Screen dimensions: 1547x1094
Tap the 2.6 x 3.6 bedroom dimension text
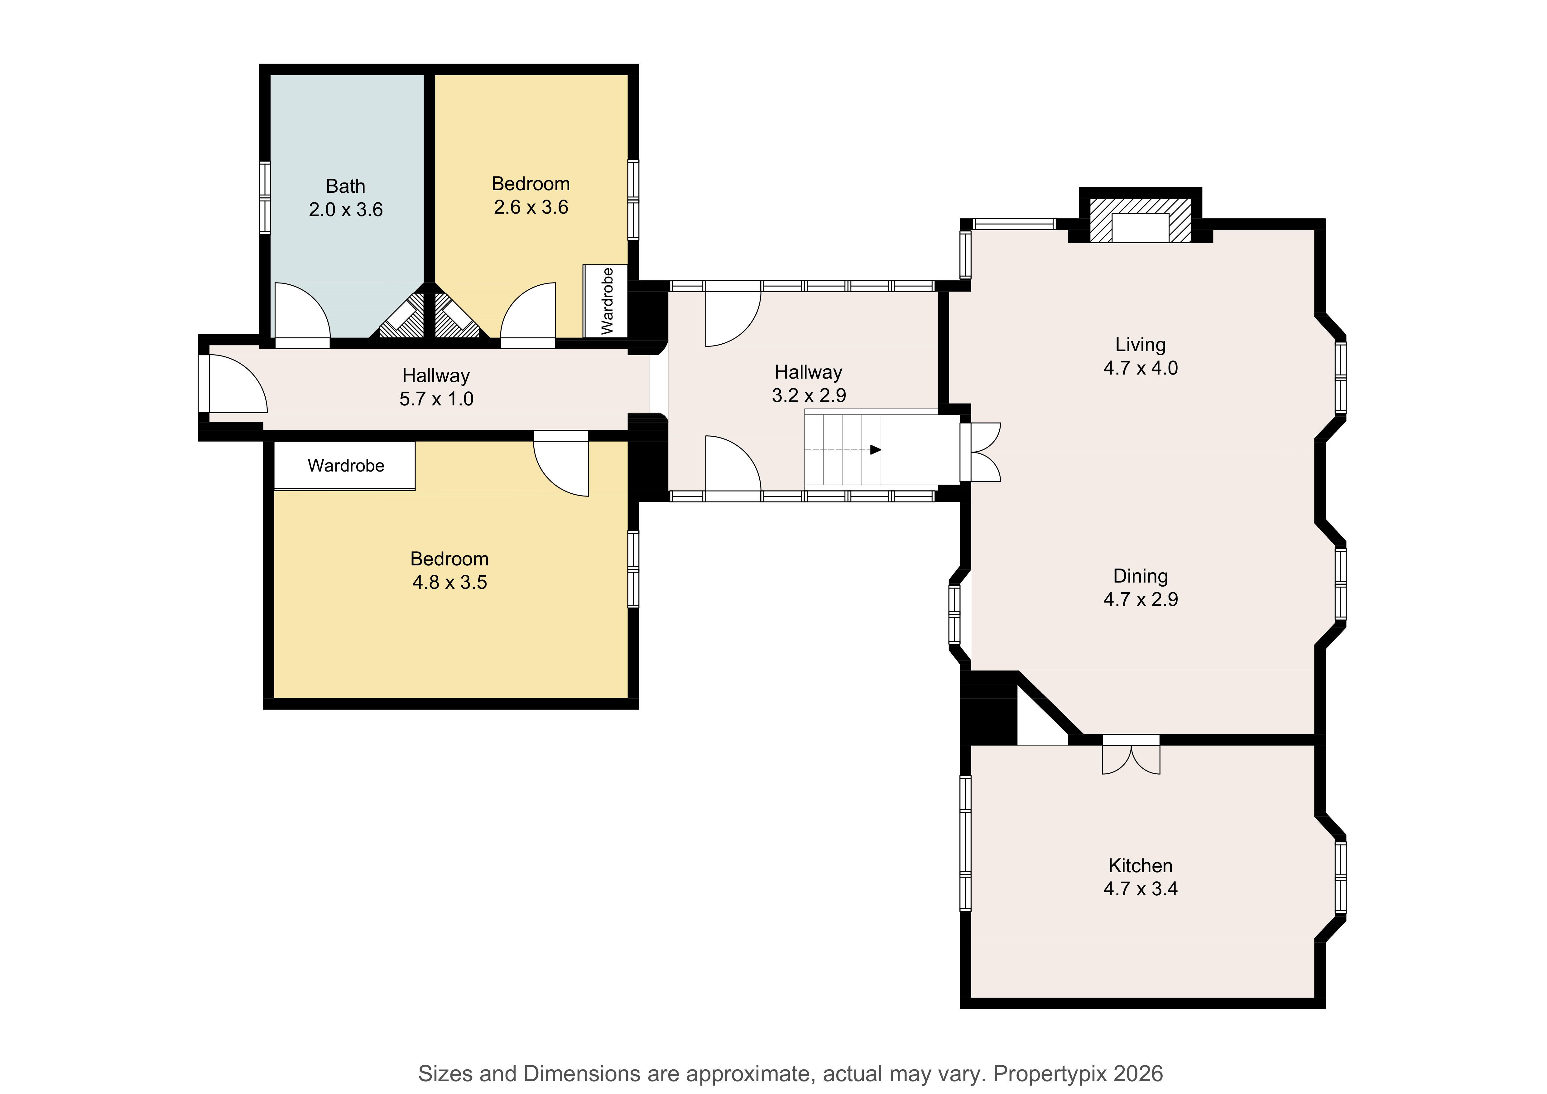531,207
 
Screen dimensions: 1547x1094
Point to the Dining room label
1141,576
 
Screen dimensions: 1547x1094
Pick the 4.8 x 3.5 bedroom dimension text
449,582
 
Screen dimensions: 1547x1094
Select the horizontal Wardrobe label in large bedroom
346,466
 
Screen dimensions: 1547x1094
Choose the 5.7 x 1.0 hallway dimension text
437,399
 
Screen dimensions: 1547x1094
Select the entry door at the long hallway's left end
233,384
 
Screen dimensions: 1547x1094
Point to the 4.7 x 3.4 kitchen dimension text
1141,889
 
